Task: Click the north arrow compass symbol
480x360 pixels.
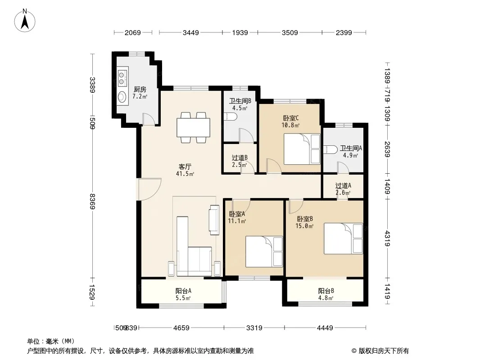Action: coord(25,21)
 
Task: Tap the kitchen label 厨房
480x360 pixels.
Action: coord(140,89)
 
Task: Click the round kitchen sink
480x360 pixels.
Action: coord(122,96)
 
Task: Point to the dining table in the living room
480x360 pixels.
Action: coord(194,127)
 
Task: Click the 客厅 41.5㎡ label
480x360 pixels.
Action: coord(185,170)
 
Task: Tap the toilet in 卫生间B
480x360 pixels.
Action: coord(231,117)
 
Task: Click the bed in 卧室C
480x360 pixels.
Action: coord(302,149)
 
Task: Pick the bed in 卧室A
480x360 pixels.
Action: coord(264,252)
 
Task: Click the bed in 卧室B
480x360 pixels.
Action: coord(343,238)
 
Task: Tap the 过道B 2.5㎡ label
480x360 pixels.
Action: coord(240,161)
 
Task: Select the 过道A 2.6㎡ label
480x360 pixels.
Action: coord(343,189)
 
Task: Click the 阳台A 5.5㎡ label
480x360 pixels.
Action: coord(183,294)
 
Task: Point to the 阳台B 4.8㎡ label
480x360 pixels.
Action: coord(326,294)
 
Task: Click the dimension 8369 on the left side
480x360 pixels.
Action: coord(92,201)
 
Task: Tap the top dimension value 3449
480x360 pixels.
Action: coord(191,32)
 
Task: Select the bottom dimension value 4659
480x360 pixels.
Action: coord(181,328)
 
